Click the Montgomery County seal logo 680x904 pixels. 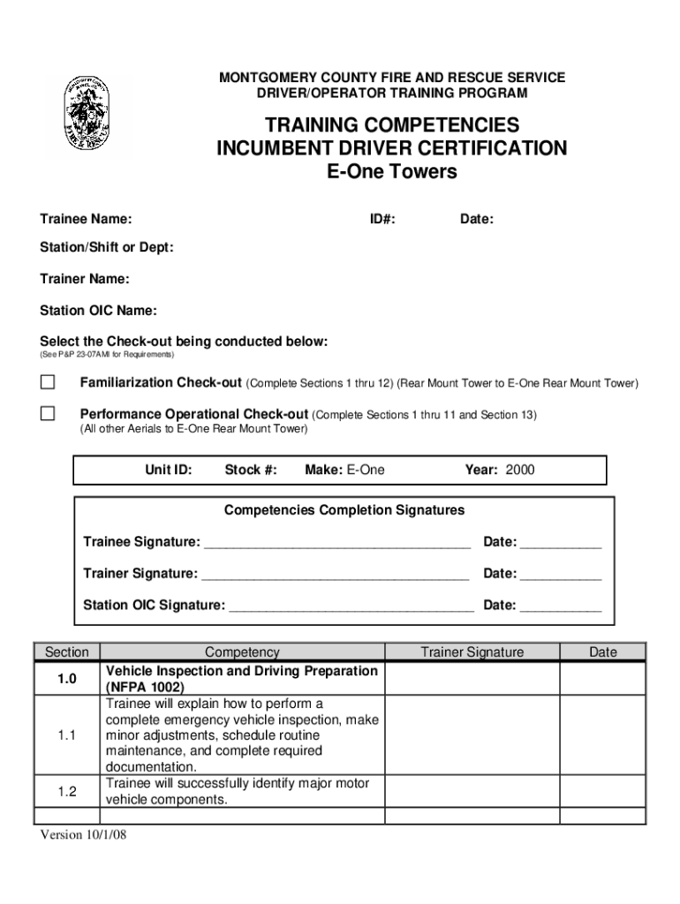pyautogui.click(x=87, y=116)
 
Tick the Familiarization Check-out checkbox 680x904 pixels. pyautogui.click(x=48, y=382)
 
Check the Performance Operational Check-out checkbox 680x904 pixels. pyautogui.click(x=48, y=413)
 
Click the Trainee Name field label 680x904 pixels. pyautogui.click(x=87, y=218)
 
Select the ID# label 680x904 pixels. pyautogui.click(x=382, y=218)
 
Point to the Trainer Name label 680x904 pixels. pyautogui.click(x=85, y=279)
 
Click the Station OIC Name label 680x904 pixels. pyautogui.click(x=99, y=311)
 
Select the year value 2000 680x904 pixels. pyautogui.click(x=520, y=470)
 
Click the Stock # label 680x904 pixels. pyautogui.click(x=251, y=470)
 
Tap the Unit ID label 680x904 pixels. pyautogui.click(x=169, y=470)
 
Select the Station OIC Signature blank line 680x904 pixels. pyautogui.click(x=351, y=606)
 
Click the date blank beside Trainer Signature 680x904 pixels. pyautogui.click(x=560, y=575)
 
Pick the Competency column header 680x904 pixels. pyautogui.click(x=242, y=652)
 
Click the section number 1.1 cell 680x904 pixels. pyautogui.click(x=67, y=735)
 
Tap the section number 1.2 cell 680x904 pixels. pyautogui.click(x=67, y=792)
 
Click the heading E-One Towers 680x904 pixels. pyautogui.click(x=392, y=171)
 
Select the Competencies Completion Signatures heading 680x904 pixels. pyautogui.click(x=344, y=510)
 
